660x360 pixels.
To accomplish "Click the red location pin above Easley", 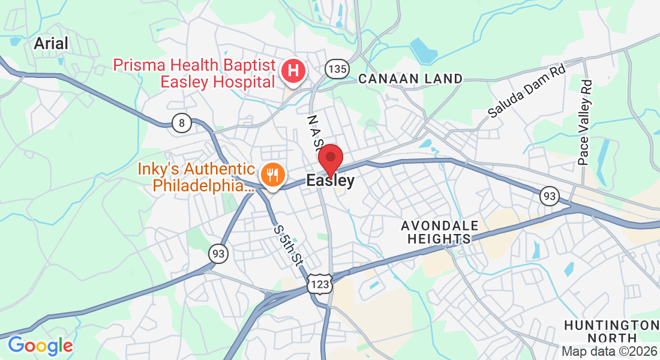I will point(330,159).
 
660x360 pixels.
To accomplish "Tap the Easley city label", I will point(330,180).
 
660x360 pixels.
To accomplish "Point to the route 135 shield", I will point(337,69).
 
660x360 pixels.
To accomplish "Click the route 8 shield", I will point(181,124).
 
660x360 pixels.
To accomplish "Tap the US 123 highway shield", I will point(319,284).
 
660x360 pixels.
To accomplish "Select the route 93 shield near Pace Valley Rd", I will point(550,196).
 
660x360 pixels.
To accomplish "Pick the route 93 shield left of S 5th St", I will point(218,253).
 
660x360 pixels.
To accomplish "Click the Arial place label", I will point(51,43).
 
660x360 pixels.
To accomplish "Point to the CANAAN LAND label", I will point(410,79).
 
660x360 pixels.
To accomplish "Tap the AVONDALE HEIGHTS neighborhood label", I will point(440,232).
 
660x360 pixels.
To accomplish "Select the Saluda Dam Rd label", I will point(526,91).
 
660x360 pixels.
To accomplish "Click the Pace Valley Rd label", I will point(585,123).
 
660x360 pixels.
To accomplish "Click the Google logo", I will point(40,346).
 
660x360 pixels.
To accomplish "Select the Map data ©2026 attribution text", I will point(608,352).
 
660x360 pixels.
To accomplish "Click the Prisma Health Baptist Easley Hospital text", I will point(194,73).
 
